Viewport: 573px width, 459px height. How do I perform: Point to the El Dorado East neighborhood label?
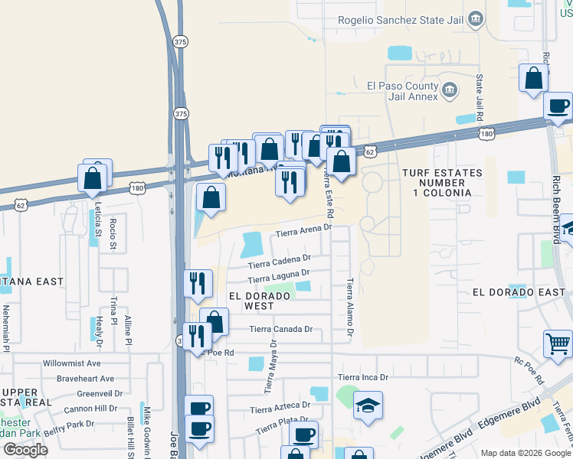coord(519,292)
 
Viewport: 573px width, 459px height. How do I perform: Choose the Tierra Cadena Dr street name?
coord(279,261)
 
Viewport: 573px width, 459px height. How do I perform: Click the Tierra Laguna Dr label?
coord(278,274)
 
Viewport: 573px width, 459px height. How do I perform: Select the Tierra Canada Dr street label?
coord(281,329)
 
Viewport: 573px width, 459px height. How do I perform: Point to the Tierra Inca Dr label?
coord(363,377)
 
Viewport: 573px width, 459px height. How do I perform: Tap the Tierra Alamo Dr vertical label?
coord(349,306)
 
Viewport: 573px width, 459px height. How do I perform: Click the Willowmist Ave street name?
coord(72,363)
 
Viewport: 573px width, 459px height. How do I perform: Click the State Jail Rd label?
coord(480,97)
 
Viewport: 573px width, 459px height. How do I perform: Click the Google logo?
coord(25,450)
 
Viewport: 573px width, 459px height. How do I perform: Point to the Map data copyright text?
coord(525,453)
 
